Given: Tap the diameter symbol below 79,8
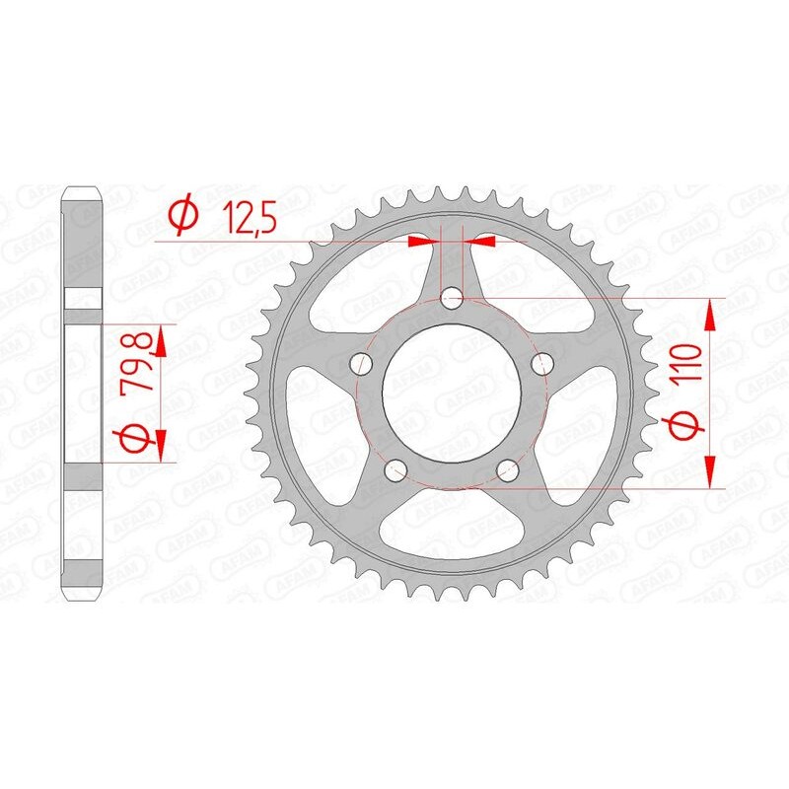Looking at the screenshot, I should (139, 434).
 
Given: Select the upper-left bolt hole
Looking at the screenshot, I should (362, 364).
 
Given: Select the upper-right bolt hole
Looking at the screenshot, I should (540, 364).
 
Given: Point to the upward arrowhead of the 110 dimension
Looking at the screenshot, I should (709, 314).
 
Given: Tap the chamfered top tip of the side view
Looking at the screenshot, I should (82, 189).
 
